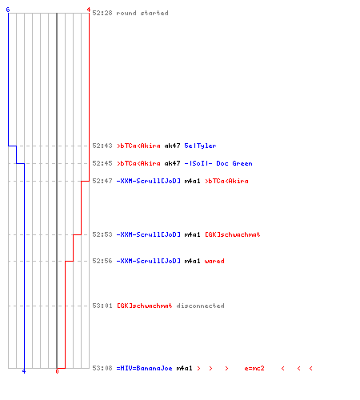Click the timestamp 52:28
point(102,13)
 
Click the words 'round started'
point(142,13)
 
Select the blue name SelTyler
point(200,146)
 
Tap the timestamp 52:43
point(102,146)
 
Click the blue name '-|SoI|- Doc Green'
point(218,163)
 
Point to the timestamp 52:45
point(102,163)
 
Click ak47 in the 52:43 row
point(172,146)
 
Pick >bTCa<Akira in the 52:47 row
point(226,181)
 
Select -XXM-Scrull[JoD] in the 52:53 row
point(149,234)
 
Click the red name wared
point(214,261)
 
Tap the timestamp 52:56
point(102,261)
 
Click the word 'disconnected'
point(200,306)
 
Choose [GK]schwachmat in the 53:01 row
point(145,306)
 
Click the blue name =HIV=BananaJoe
point(144,368)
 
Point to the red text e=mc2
point(254,368)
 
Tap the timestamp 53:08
point(102,368)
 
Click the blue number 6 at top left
point(8,10)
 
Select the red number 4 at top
point(89,10)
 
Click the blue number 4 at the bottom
point(24,371)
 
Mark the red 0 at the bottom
point(57,371)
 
